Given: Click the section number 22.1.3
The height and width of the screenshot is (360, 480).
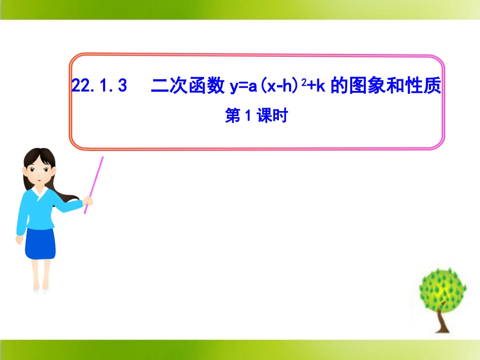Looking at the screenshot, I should click(99, 86).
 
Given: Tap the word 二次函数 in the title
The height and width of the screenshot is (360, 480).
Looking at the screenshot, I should click(187, 86).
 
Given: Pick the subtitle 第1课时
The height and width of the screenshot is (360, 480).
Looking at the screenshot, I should click(256, 117).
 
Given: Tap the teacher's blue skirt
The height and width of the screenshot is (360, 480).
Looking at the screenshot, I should click(40, 242).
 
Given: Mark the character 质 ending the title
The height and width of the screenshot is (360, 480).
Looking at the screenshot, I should click(434, 86).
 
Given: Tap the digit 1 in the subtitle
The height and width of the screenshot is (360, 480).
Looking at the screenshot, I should click(248, 117).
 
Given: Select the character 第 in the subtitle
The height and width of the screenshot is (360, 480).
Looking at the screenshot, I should click(233, 117).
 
